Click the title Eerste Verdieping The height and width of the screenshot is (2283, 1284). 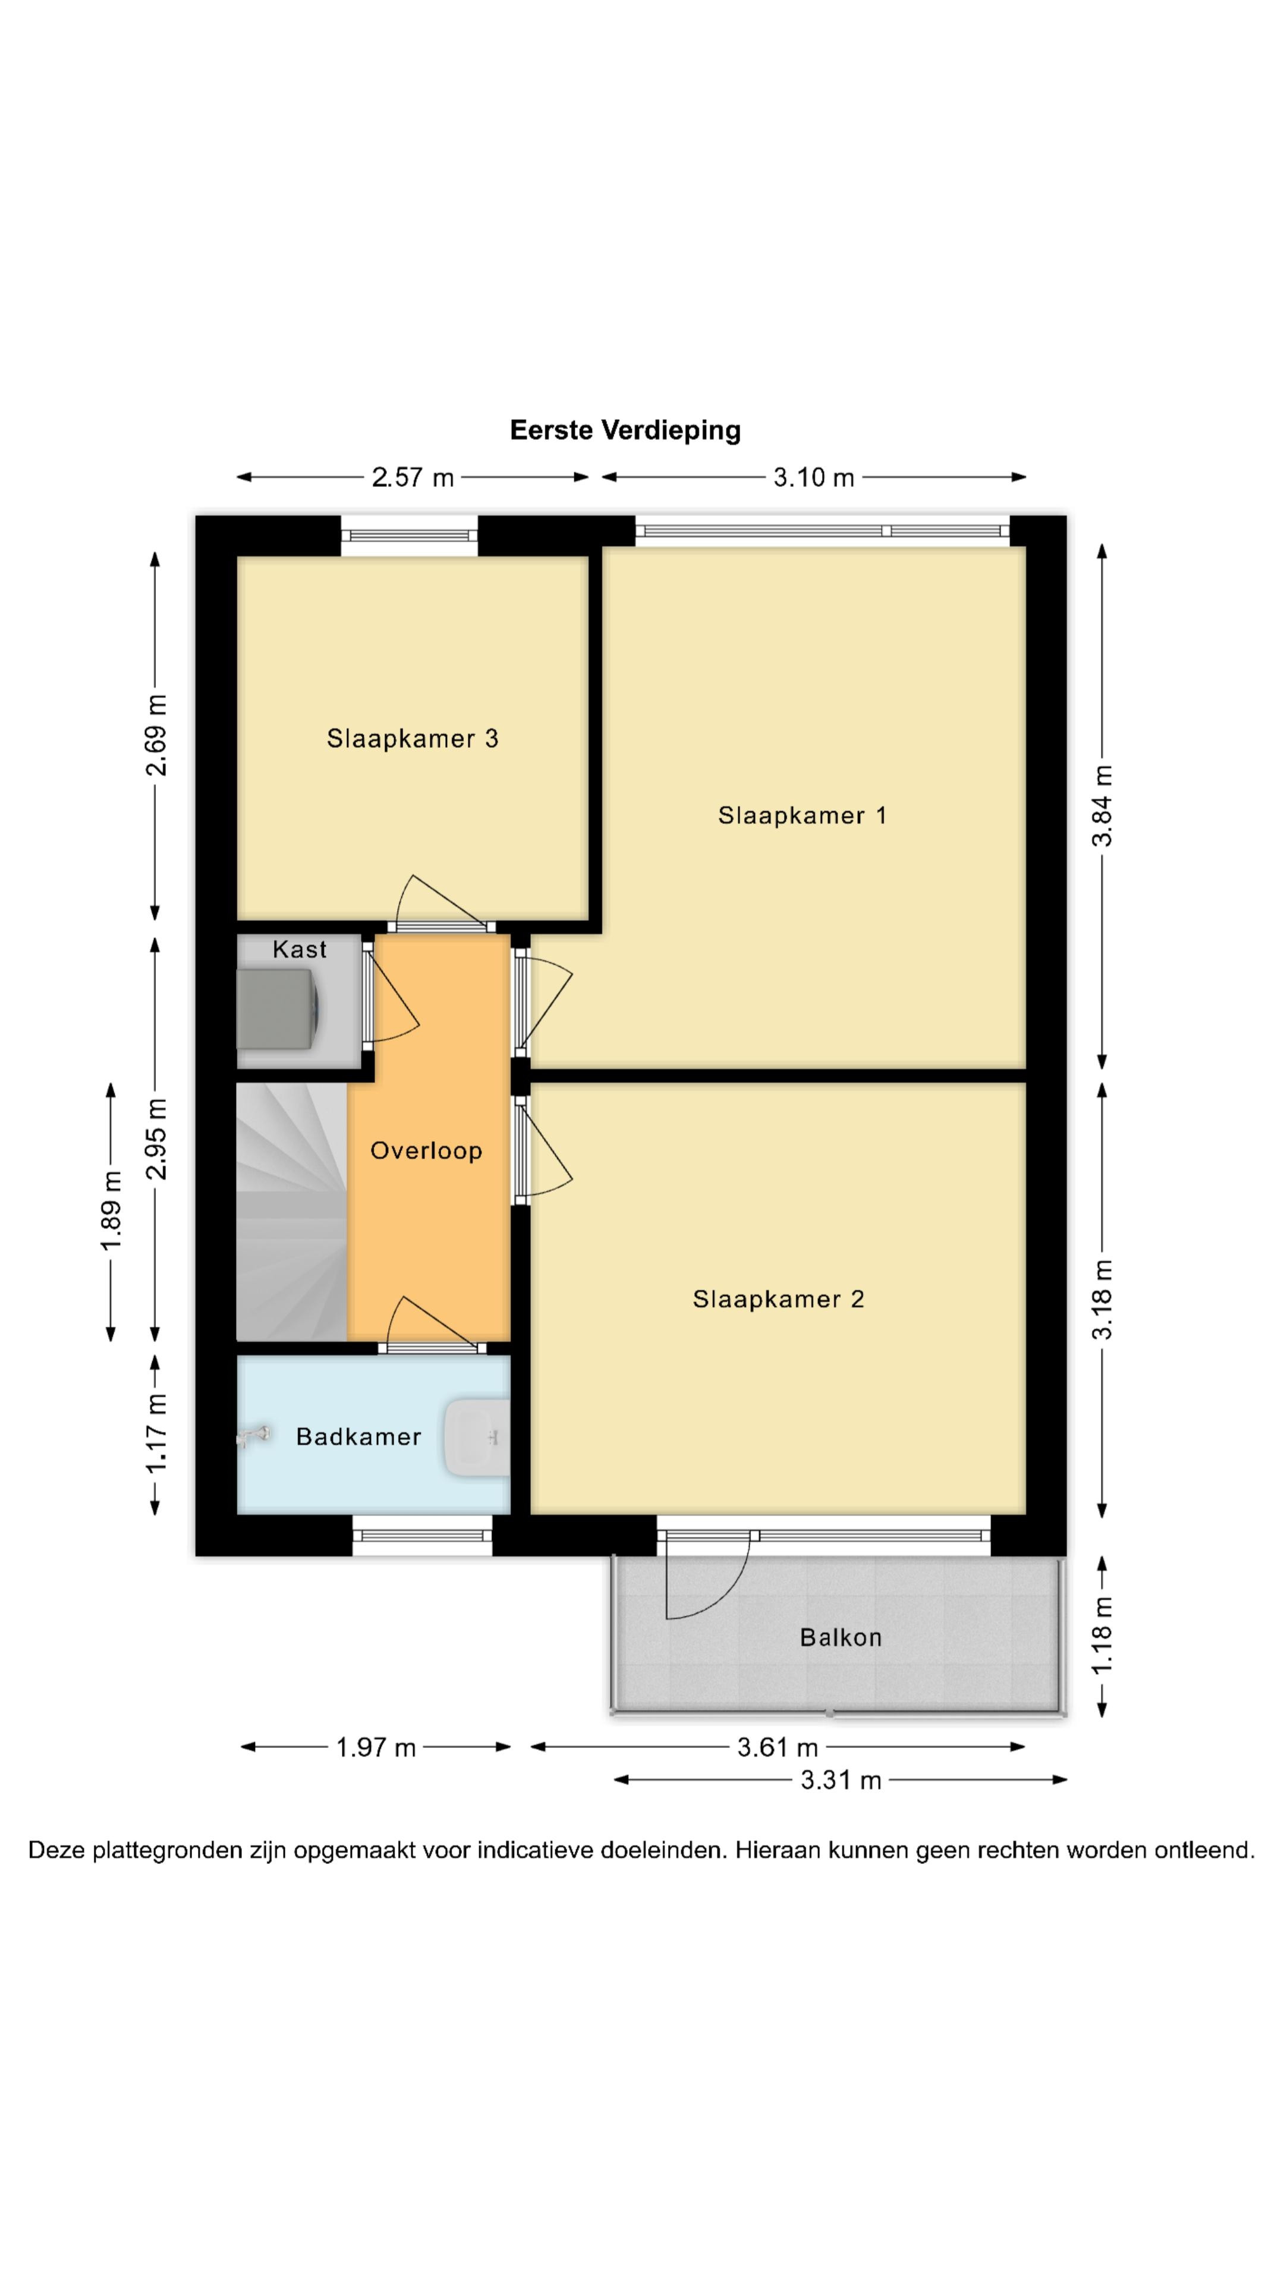pyautogui.click(x=625, y=430)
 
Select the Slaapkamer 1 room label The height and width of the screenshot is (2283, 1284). pyautogui.click(x=802, y=815)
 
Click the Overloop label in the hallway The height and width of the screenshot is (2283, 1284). pyautogui.click(x=426, y=1151)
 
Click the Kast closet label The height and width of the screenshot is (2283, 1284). pyautogui.click(x=300, y=949)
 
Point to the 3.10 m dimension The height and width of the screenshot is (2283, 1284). pyautogui.click(x=813, y=477)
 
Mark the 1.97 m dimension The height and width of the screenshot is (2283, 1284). pyautogui.click(x=376, y=1748)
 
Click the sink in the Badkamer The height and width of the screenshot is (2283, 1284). pyautogui.click(x=477, y=1438)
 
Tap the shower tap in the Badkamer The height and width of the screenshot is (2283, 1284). pyautogui.click(x=253, y=1436)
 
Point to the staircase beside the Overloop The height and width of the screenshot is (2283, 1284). pyautogui.click(x=291, y=1212)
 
